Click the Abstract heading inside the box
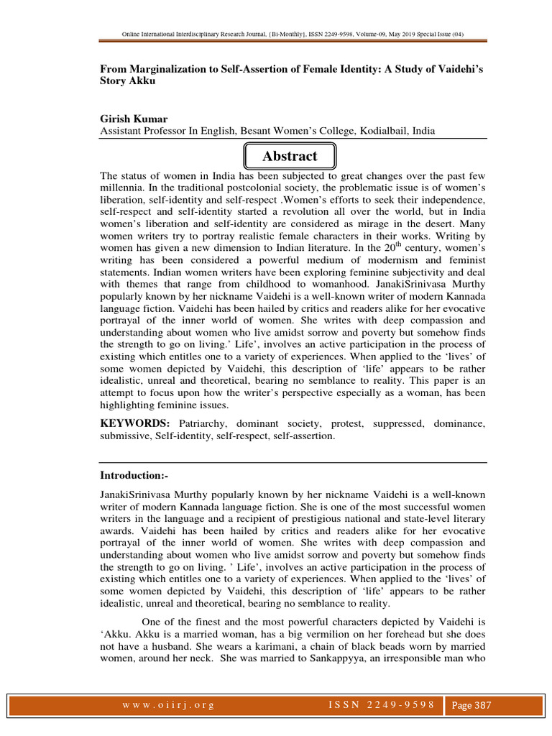click(290, 156)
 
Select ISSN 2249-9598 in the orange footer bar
click(378, 705)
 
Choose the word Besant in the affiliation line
click(261, 131)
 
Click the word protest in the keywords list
click(346, 424)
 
